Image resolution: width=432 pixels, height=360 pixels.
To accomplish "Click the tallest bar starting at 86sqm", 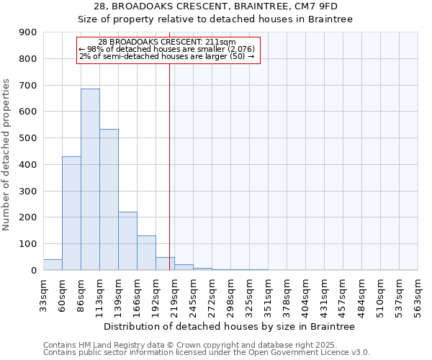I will pos(90,179).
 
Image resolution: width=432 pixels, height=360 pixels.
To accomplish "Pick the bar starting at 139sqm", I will pos(127,241).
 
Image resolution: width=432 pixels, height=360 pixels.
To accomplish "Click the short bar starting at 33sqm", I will pos(53,264).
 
